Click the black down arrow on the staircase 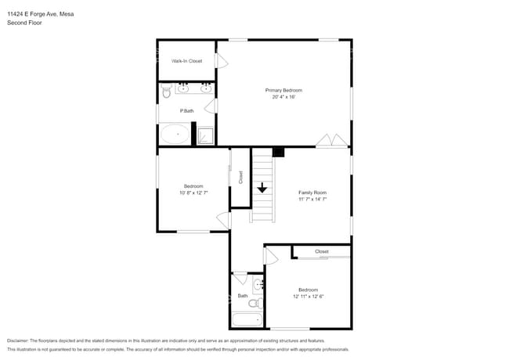point(262,188)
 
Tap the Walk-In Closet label point(186,61)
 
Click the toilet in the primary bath point(166,93)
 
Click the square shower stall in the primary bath point(206,135)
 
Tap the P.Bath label point(186,111)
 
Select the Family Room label point(312,192)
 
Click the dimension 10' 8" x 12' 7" point(193,193)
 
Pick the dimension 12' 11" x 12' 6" point(308,296)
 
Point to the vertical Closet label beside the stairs point(240,177)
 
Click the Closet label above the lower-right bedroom point(322,251)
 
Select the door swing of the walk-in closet point(222,60)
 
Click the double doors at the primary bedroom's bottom point(332,141)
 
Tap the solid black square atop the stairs point(278,151)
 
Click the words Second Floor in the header point(24,23)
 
